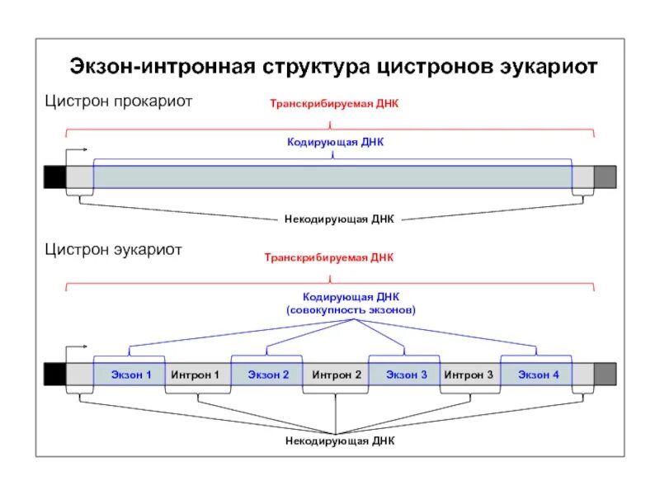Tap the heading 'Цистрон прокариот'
click(x=119, y=101)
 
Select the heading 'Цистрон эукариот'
click(x=114, y=249)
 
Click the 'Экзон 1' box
click(x=131, y=375)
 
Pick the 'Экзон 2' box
click(x=268, y=375)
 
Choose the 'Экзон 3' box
click(x=406, y=375)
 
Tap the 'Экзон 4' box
click(x=538, y=375)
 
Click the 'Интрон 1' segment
click(x=196, y=375)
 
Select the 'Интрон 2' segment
click(x=337, y=375)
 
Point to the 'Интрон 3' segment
click(x=469, y=375)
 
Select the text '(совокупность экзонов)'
click(x=351, y=309)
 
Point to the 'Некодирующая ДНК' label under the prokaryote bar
click(x=340, y=219)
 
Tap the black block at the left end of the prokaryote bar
click(x=54, y=177)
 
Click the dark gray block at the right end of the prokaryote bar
click(x=605, y=177)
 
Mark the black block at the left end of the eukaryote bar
click(x=54, y=374)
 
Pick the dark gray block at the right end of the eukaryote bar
click(x=605, y=374)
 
